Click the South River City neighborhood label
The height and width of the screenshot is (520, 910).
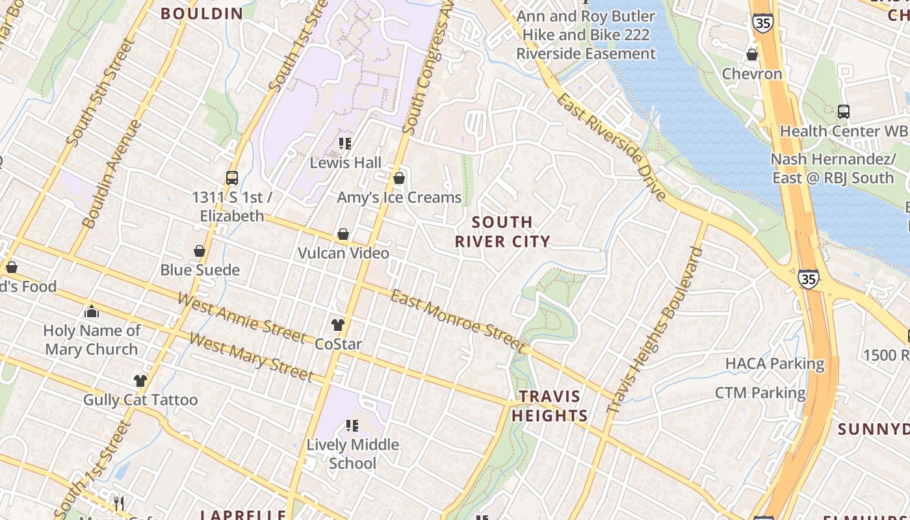(x=502, y=232)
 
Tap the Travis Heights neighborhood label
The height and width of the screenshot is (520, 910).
(x=549, y=406)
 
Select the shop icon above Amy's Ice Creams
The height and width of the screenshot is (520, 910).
(x=399, y=178)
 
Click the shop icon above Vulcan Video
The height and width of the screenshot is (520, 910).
(x=343, y=234)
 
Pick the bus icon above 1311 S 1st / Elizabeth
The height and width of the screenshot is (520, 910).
(x=231, y=177)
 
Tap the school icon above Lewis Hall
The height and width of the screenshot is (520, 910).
(x=344, y=143)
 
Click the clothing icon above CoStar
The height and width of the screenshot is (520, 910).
(x=337, y=324)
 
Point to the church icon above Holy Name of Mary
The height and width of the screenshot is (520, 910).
(x=91, y=311)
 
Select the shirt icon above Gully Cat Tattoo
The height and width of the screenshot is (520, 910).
(x=140, y=380)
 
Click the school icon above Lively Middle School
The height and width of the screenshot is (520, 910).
(x=352, y=426)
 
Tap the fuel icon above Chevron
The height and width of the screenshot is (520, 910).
(x=752, y=55)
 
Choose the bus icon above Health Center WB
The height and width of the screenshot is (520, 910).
(x=843, y=112)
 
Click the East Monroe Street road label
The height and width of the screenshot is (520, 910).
(x=458, y=318)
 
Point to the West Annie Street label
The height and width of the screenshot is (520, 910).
(x=241, y=318)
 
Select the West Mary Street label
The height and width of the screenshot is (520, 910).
(x=252, y=357)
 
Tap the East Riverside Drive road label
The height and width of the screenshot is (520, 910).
(x=611, y=147)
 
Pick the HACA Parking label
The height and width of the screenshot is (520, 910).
(x=774, y=363)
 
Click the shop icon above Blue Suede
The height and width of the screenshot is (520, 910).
(x=200, y=251)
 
